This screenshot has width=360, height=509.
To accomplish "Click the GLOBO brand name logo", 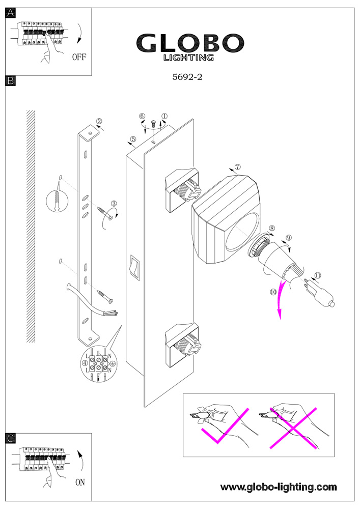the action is [x=190, y=43].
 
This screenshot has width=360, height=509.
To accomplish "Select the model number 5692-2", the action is [x=187, y=77].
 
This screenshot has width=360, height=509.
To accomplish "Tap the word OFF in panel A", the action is [x=79, y=57].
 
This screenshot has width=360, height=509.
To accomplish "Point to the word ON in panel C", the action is [x=80, y=482].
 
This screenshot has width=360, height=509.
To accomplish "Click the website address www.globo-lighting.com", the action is [x=279, y=487].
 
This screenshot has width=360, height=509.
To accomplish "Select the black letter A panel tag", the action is [x=11, y=13].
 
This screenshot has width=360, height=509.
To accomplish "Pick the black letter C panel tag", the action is [x=11, y=438].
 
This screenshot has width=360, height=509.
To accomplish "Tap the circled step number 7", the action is [x=238, y=167].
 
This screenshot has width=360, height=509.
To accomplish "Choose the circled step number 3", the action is [x=114, y=204].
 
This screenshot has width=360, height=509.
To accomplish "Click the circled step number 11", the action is [x=318, y=275].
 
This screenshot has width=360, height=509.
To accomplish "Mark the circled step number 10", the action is [x=273, y=292].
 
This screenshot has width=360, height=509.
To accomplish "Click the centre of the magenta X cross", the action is [x=293, y=429].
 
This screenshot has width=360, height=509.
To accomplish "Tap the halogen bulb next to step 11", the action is [x=320, y=293].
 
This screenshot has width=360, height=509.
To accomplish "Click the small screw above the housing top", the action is [x=154, y=123].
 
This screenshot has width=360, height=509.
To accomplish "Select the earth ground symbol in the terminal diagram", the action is [x=112, y=364].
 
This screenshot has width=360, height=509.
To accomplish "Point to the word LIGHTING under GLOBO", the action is [x=188, y=58].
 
